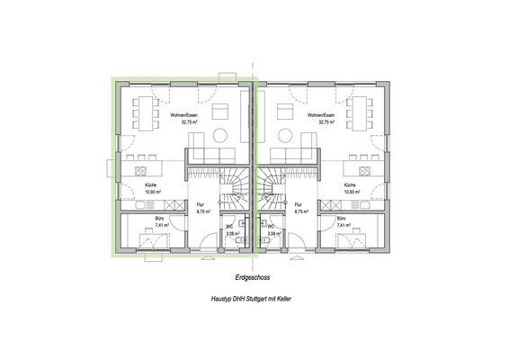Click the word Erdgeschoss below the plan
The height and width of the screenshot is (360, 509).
pos(254,278)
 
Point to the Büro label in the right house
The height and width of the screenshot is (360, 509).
pos(341,219)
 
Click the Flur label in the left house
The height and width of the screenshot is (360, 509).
pos(201,206)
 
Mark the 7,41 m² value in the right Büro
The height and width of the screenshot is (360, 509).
pos(343,226)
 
